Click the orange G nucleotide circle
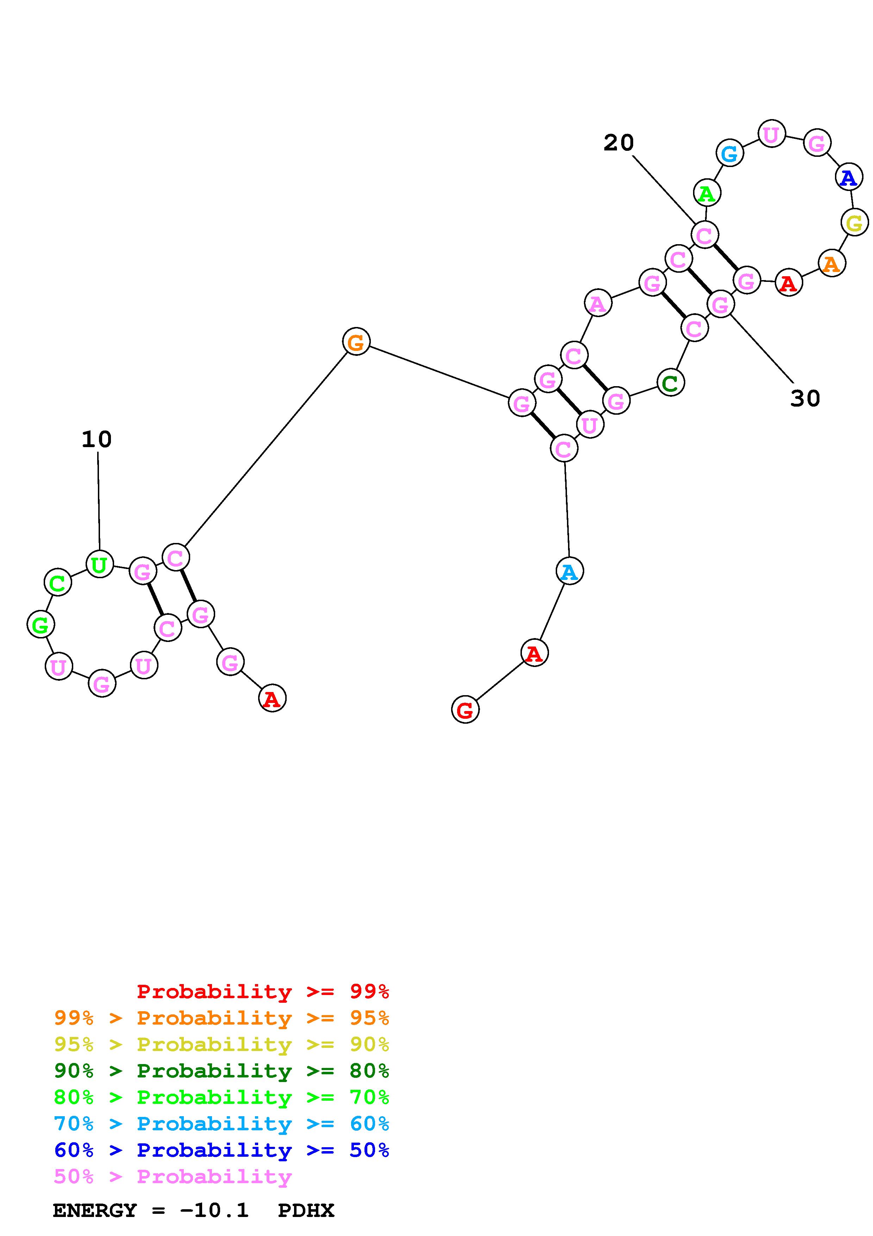point(356,341)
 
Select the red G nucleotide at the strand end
point(465,710)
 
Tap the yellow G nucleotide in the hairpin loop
point(854,222)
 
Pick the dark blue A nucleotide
point(849,177)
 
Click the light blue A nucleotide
point(569,571)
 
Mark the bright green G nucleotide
point(41,624)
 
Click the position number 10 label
point(97,440)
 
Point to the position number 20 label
point(619,143)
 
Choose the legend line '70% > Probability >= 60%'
point(222,1124)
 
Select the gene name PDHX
point(306,1210)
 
